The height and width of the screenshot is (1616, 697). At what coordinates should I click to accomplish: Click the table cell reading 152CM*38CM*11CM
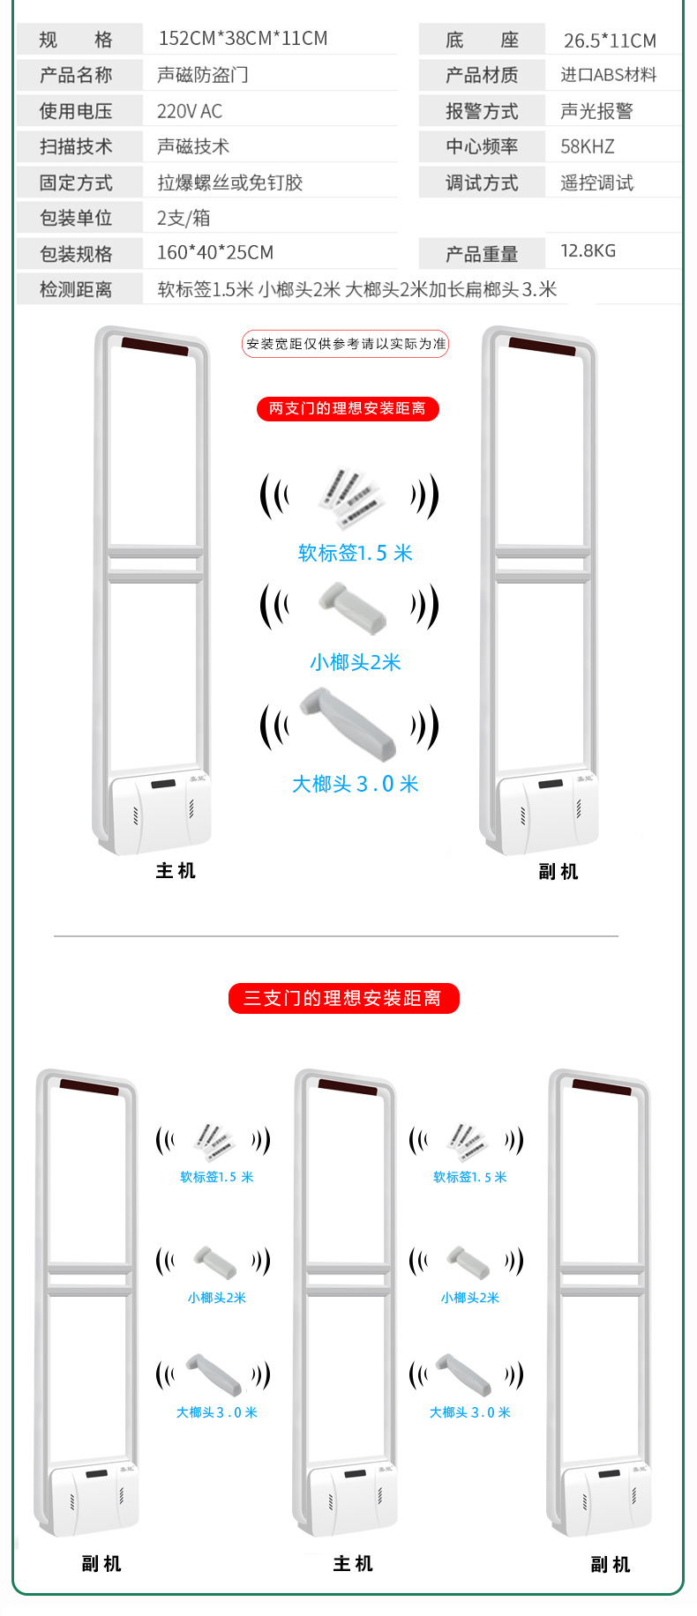[243, 39]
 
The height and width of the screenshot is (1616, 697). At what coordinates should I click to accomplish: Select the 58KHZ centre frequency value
[588, 146]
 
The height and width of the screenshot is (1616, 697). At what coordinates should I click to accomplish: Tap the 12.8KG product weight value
[588, 251]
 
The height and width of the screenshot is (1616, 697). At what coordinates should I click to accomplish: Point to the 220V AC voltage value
[190, 111]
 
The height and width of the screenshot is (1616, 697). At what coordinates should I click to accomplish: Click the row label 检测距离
[76, 289]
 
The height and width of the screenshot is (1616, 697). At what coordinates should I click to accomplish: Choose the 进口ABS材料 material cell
[609, 75]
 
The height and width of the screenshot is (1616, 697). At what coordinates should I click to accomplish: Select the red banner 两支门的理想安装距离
[348, 409]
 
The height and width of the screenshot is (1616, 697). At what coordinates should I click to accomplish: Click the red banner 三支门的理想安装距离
[343, 998]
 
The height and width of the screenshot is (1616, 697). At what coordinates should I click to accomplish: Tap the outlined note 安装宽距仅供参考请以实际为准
[346, 344]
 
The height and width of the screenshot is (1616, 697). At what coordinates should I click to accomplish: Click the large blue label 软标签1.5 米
[356, 553]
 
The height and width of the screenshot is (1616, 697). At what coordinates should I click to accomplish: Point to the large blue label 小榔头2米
[356, 662]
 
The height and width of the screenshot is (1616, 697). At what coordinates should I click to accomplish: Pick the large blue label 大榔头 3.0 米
[356, 784]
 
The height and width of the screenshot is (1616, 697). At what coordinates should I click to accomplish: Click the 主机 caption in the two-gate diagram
[176, 871]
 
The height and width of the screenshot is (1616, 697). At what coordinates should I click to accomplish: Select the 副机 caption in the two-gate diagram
[558, 872]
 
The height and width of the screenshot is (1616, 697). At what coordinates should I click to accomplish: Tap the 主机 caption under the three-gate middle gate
[353, 1564]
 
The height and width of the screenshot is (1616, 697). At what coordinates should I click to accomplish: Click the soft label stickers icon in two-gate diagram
[351, 496]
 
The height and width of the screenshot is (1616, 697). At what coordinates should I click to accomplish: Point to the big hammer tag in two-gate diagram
[348, 723]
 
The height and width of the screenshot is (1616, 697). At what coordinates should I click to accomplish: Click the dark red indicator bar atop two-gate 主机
[155, 346]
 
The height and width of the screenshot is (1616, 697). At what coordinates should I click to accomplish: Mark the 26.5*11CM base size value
[610, 41]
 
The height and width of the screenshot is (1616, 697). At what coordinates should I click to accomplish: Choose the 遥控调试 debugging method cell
[597, 182]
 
